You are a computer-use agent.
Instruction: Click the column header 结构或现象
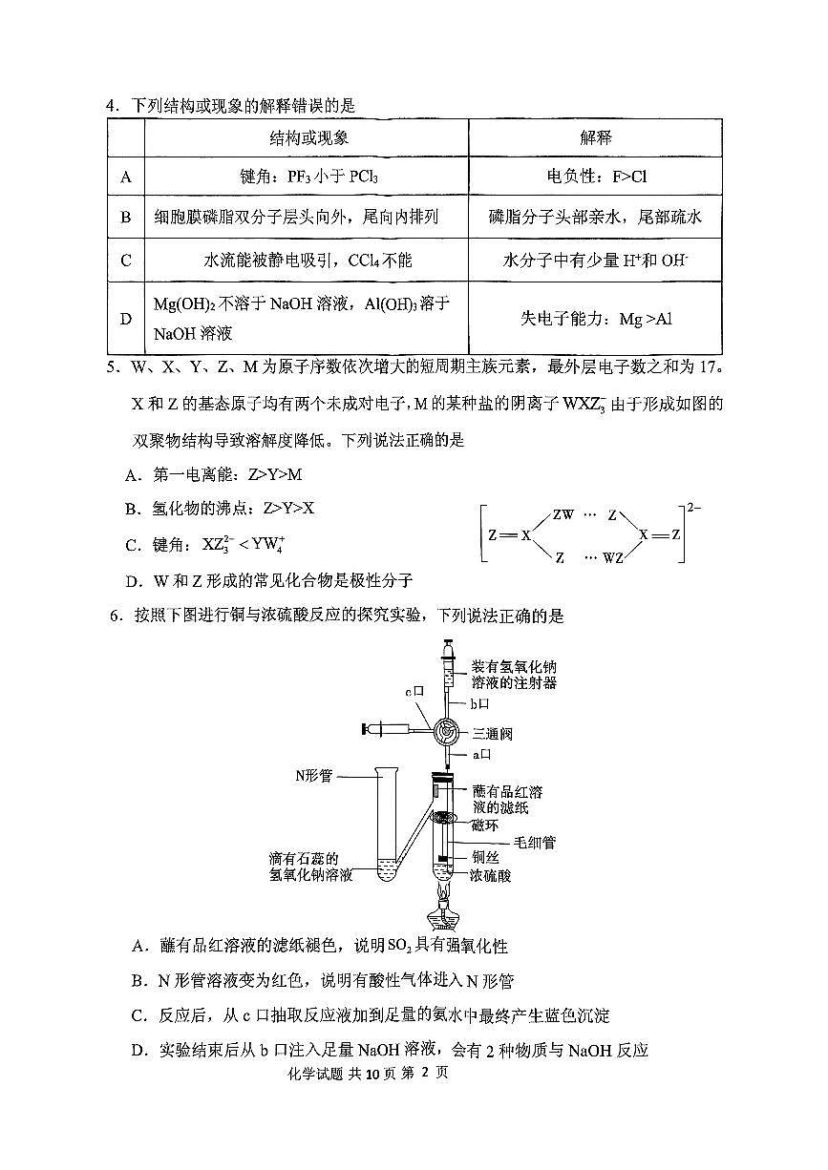coord(307,137)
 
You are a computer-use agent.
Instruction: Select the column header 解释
coord(596,137)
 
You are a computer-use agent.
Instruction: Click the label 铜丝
coord(486,857)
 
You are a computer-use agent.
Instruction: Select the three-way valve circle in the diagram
coord(446,731)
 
